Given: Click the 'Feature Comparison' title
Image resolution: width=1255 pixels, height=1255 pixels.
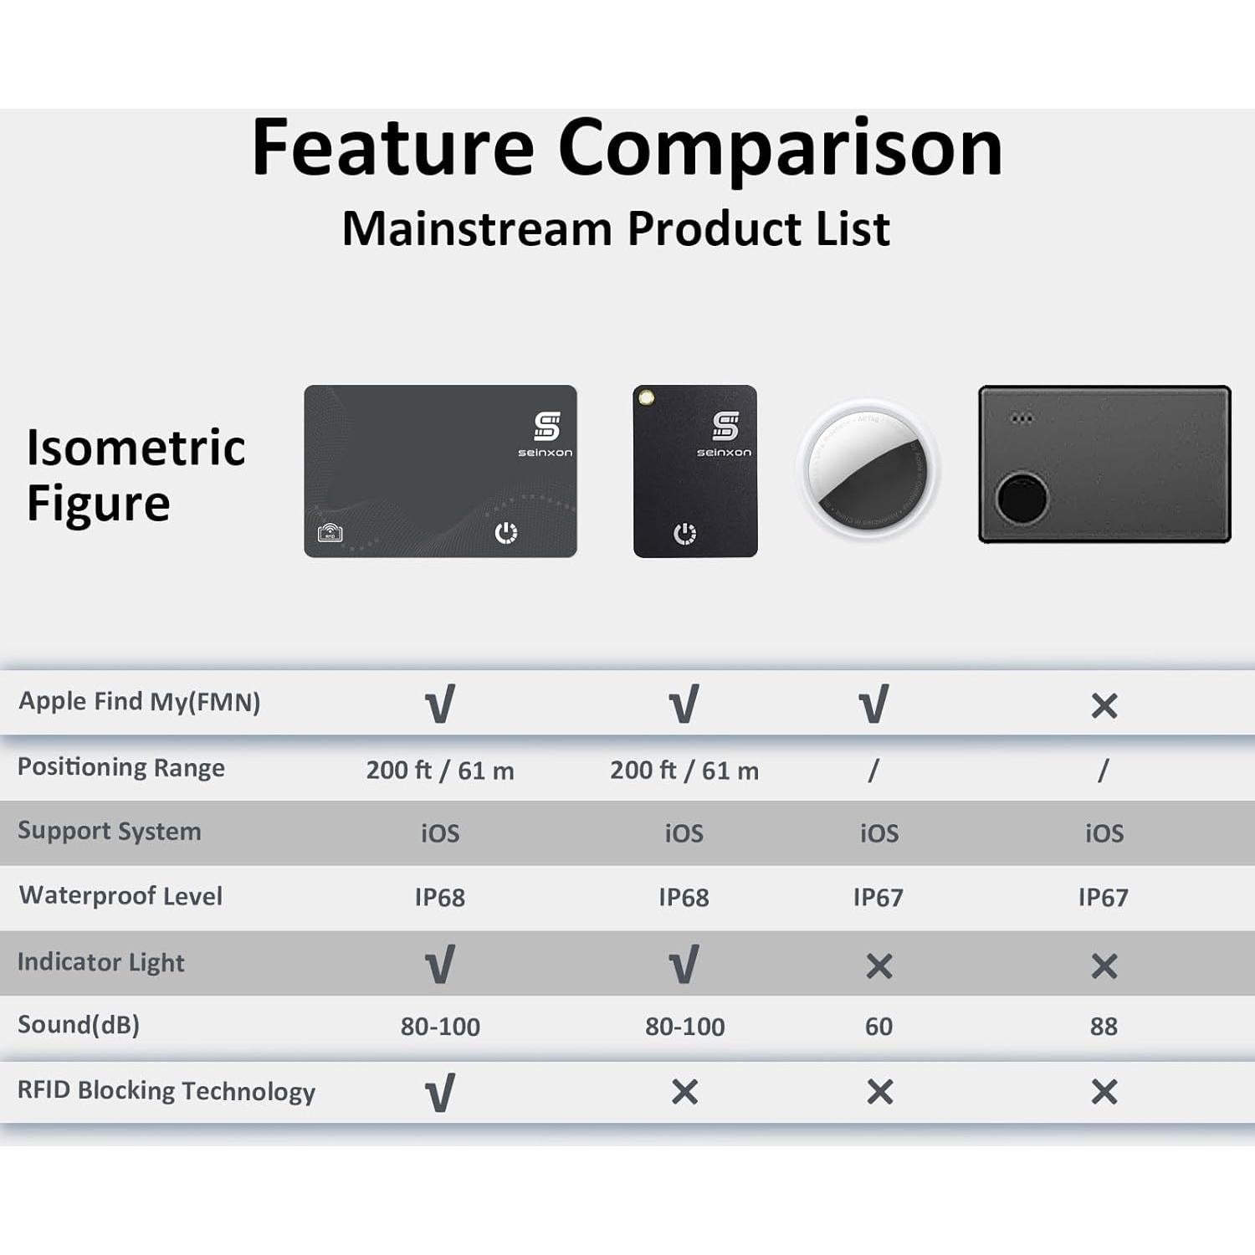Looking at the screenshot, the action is pos(627,148).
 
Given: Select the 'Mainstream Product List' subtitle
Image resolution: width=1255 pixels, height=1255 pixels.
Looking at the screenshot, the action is pos(616,228).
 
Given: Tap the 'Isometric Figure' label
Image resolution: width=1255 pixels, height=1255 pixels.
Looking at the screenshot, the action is pos(136,474).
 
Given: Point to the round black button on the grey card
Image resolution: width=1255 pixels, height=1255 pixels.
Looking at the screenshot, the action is pos(1022,498).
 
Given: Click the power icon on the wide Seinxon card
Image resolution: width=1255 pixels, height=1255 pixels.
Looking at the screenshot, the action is pos(506,532).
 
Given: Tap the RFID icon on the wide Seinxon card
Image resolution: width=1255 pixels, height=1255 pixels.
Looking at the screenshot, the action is pos(330,532).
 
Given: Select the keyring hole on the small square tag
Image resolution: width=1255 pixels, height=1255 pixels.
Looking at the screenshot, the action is pos(646,398).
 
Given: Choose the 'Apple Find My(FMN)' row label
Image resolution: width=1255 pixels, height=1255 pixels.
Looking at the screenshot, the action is pos(140,701).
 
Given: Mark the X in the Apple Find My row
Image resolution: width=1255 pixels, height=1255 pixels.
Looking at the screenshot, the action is pos(1104,706).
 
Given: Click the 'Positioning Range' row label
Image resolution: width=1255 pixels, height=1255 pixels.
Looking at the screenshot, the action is pos(121,767).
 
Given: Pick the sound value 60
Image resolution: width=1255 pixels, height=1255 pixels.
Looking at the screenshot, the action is pos(878,1027).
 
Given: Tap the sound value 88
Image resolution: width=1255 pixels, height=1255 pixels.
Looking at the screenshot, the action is pos(1104,1027).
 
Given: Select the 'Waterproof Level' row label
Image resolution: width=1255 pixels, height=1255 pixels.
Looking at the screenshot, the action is pos(121,895).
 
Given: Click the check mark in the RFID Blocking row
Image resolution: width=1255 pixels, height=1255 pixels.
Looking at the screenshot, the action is pos(440,1093).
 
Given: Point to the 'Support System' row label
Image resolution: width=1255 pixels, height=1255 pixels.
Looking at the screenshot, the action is pos(110,831).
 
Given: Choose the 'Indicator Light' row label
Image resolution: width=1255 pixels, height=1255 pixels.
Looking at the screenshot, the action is pos(101,962).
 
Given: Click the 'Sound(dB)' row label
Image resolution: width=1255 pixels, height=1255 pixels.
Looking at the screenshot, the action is pos(79,1025).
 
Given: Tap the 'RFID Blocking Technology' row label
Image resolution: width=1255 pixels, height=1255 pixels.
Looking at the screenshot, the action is pos(166,1091).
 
